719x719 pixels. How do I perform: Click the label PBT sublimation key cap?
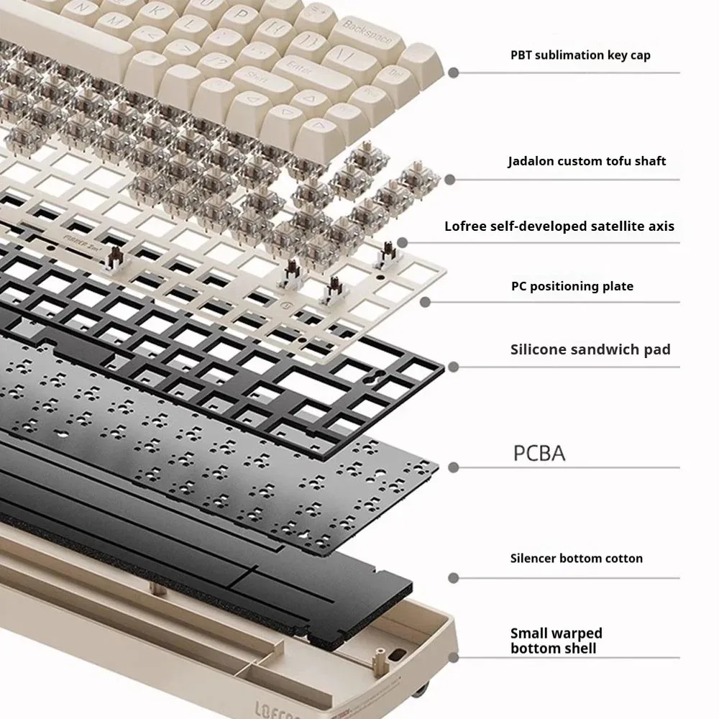(580, 55)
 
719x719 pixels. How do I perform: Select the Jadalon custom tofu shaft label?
(587, 161)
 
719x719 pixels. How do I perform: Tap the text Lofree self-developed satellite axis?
(559, 226)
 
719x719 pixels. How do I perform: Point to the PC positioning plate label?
(572, 286)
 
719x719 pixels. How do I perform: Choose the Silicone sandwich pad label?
(590, 349)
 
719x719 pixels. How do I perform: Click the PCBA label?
(539, 453)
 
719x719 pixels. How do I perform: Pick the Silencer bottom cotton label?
(577, 558)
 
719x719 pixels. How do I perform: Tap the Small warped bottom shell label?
(556, 641)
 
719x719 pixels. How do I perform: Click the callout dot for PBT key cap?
(454, 73)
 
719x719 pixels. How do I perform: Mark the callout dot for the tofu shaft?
(450, 180)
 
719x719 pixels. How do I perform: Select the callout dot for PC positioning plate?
(425, 302)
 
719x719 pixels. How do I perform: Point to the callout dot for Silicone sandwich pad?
(454, 367)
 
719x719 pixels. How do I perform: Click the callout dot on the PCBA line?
(454, 468)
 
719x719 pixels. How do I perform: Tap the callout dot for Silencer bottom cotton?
(454, 578)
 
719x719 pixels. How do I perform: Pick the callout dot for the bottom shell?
(454, 658)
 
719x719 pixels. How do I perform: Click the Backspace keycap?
(367, 37)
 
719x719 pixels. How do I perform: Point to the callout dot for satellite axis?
(402, 242)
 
